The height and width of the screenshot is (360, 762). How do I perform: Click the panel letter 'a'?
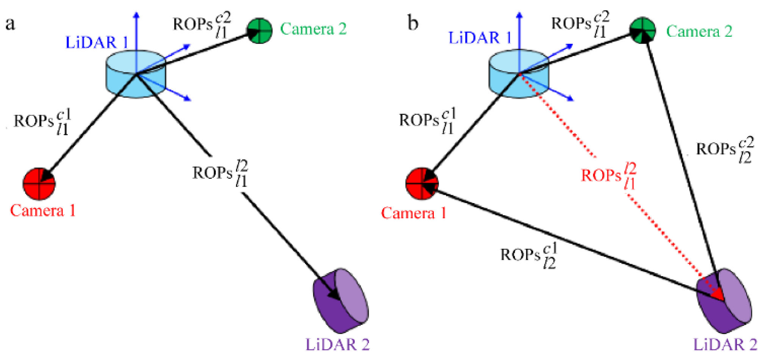(10, 24)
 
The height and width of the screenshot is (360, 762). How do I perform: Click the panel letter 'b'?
(413, 23)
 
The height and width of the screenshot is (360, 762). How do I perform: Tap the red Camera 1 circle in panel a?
(39, 184)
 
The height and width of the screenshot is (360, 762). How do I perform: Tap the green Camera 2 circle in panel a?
(260, 30)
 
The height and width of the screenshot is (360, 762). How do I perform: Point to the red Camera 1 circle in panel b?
(422, 184)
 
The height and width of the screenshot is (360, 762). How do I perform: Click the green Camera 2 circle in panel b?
(643, 30)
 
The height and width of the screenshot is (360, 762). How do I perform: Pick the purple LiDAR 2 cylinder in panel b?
(724, 301)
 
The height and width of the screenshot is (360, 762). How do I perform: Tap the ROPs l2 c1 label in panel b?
(529, 255)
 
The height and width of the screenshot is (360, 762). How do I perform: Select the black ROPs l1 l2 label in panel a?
(220, 173)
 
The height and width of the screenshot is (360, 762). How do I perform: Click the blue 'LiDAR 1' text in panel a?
(97, 42)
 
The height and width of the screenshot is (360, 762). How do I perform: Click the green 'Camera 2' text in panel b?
(699, 31)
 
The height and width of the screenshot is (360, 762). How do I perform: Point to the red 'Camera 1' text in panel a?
(42, 211)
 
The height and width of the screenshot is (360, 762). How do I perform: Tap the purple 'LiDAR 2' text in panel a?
(337, 344)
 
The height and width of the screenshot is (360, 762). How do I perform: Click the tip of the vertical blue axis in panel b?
(519, 14)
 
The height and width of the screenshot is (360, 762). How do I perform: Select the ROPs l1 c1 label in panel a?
(42, 122)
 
